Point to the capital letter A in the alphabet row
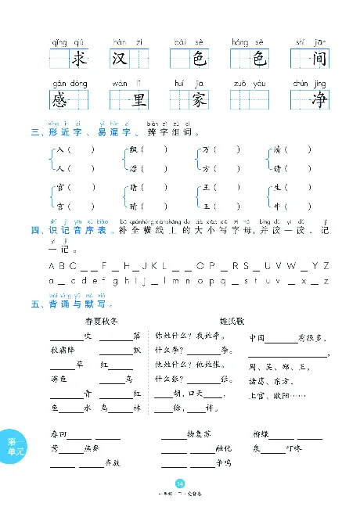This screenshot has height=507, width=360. (x=51, y=266)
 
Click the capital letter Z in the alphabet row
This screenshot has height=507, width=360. (x=326, y=266)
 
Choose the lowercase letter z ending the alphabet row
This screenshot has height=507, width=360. (x=326, y=281)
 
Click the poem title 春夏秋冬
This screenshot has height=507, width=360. (x=99, y=321)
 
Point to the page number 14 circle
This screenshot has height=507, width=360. (x=181, y=482)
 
